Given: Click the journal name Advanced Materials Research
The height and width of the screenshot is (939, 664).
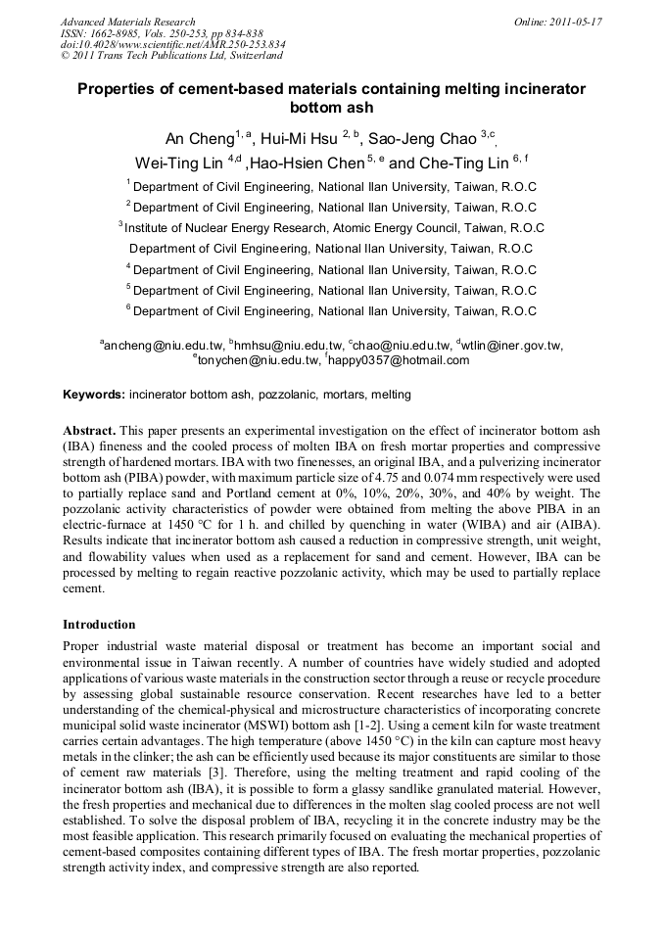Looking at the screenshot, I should click(127, 22).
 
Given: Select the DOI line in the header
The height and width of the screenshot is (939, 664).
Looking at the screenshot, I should click(172, 45).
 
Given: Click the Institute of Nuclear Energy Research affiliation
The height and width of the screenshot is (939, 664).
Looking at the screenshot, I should click(333, 227).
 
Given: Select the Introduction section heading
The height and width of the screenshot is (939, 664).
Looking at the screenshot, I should click(99, 624).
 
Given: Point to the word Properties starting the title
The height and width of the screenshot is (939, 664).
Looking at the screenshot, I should click(119, 89).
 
